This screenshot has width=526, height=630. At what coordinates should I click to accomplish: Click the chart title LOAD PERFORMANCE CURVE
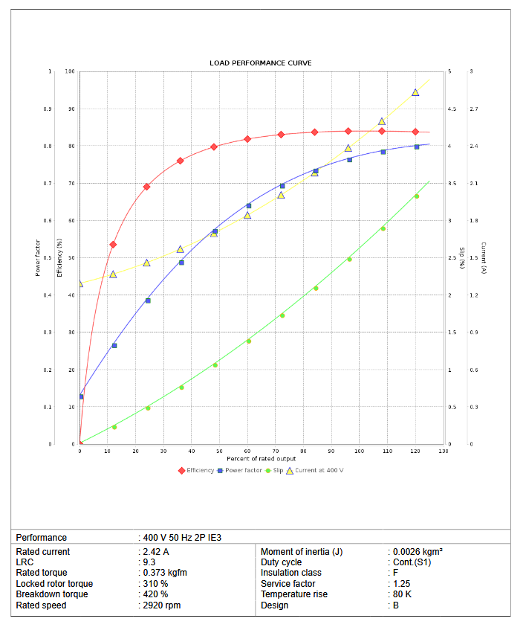tap(260, 63)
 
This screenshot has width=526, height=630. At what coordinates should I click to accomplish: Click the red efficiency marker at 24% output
tap(146, 187)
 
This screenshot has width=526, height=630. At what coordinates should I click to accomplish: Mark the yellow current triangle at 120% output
tap(415, 92)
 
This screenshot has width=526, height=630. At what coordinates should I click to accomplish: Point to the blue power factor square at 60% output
tap(248, 206)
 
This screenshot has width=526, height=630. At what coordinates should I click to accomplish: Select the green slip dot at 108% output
tap(383, 228)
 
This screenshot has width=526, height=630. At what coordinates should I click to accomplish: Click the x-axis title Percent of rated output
tap(262, 458)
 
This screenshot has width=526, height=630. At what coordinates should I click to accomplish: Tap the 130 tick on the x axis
tap(444, 451)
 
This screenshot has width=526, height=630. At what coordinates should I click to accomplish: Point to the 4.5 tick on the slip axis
tap(452, 109)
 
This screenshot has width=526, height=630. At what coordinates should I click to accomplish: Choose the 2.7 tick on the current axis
tap(474, 109)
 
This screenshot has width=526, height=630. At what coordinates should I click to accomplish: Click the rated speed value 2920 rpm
tap(163, 605)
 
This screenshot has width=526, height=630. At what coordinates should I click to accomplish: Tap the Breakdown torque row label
tap(52, 594)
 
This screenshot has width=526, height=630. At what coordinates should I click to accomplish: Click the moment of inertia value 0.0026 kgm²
tap(418, 552)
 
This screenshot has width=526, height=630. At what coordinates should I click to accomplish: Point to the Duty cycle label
tap(282, 562)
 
